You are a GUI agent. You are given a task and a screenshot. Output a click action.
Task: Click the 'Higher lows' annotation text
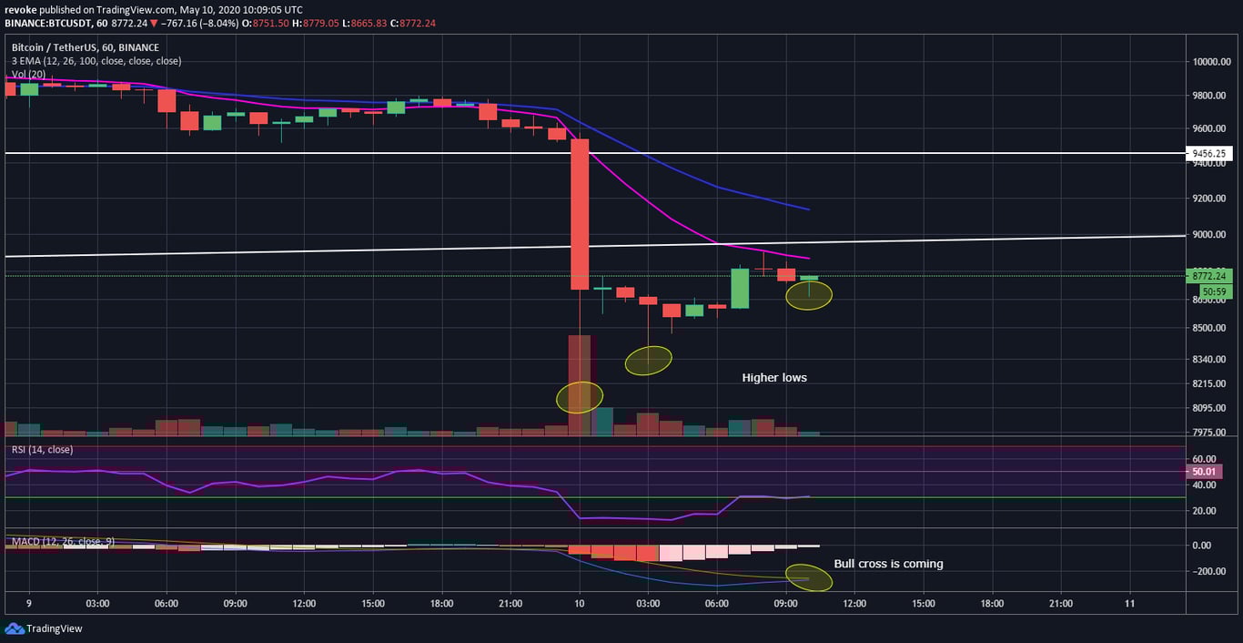774,378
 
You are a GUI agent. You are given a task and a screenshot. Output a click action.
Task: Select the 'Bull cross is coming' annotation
888,564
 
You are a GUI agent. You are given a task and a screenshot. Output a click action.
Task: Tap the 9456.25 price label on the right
1215,154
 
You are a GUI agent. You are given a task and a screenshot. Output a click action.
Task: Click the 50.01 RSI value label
1203,472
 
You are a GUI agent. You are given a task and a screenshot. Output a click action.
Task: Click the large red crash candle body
580,214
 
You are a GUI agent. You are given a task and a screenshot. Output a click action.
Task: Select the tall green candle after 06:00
740,288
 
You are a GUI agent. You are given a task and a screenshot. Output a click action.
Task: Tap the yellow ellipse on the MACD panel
810,578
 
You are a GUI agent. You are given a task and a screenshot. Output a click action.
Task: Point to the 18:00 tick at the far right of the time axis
992,603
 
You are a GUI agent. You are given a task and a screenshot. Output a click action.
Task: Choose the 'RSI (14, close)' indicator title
42,450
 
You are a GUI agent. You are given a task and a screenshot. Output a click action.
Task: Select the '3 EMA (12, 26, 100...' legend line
96,61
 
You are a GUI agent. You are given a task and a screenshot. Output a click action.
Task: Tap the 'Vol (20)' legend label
30,74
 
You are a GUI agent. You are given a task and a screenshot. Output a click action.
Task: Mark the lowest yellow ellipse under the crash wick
580,397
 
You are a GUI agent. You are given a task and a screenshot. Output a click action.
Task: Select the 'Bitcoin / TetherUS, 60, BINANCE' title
85,47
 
